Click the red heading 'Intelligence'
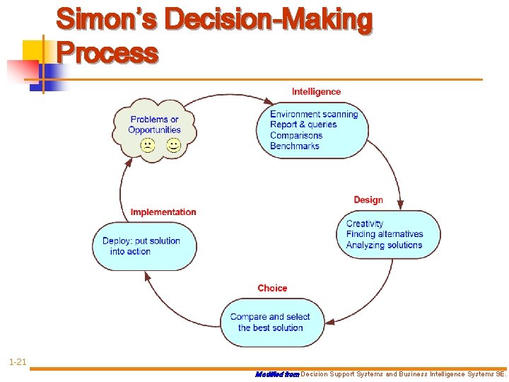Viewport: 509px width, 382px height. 316,91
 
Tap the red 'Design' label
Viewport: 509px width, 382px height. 368,200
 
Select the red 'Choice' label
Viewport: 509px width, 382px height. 272,288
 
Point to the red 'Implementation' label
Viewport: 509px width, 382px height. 163,212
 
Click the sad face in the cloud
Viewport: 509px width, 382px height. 148,146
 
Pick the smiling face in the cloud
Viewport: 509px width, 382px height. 173,146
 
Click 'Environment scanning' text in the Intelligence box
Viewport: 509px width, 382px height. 314,115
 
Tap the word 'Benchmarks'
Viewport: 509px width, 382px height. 295,146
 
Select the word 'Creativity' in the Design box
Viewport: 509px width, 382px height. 365,224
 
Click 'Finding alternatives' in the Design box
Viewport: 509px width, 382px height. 385,234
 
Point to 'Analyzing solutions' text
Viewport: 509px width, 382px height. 384,245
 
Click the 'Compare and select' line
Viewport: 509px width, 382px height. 270,317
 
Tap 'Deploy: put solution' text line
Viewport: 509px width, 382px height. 141,241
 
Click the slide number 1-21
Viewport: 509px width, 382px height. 18,363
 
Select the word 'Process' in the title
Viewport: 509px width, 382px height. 108,52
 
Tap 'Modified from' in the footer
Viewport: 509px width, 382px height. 277,374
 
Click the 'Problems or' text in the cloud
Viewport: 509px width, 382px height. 155,120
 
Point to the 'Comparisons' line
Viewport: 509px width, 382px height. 296,135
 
